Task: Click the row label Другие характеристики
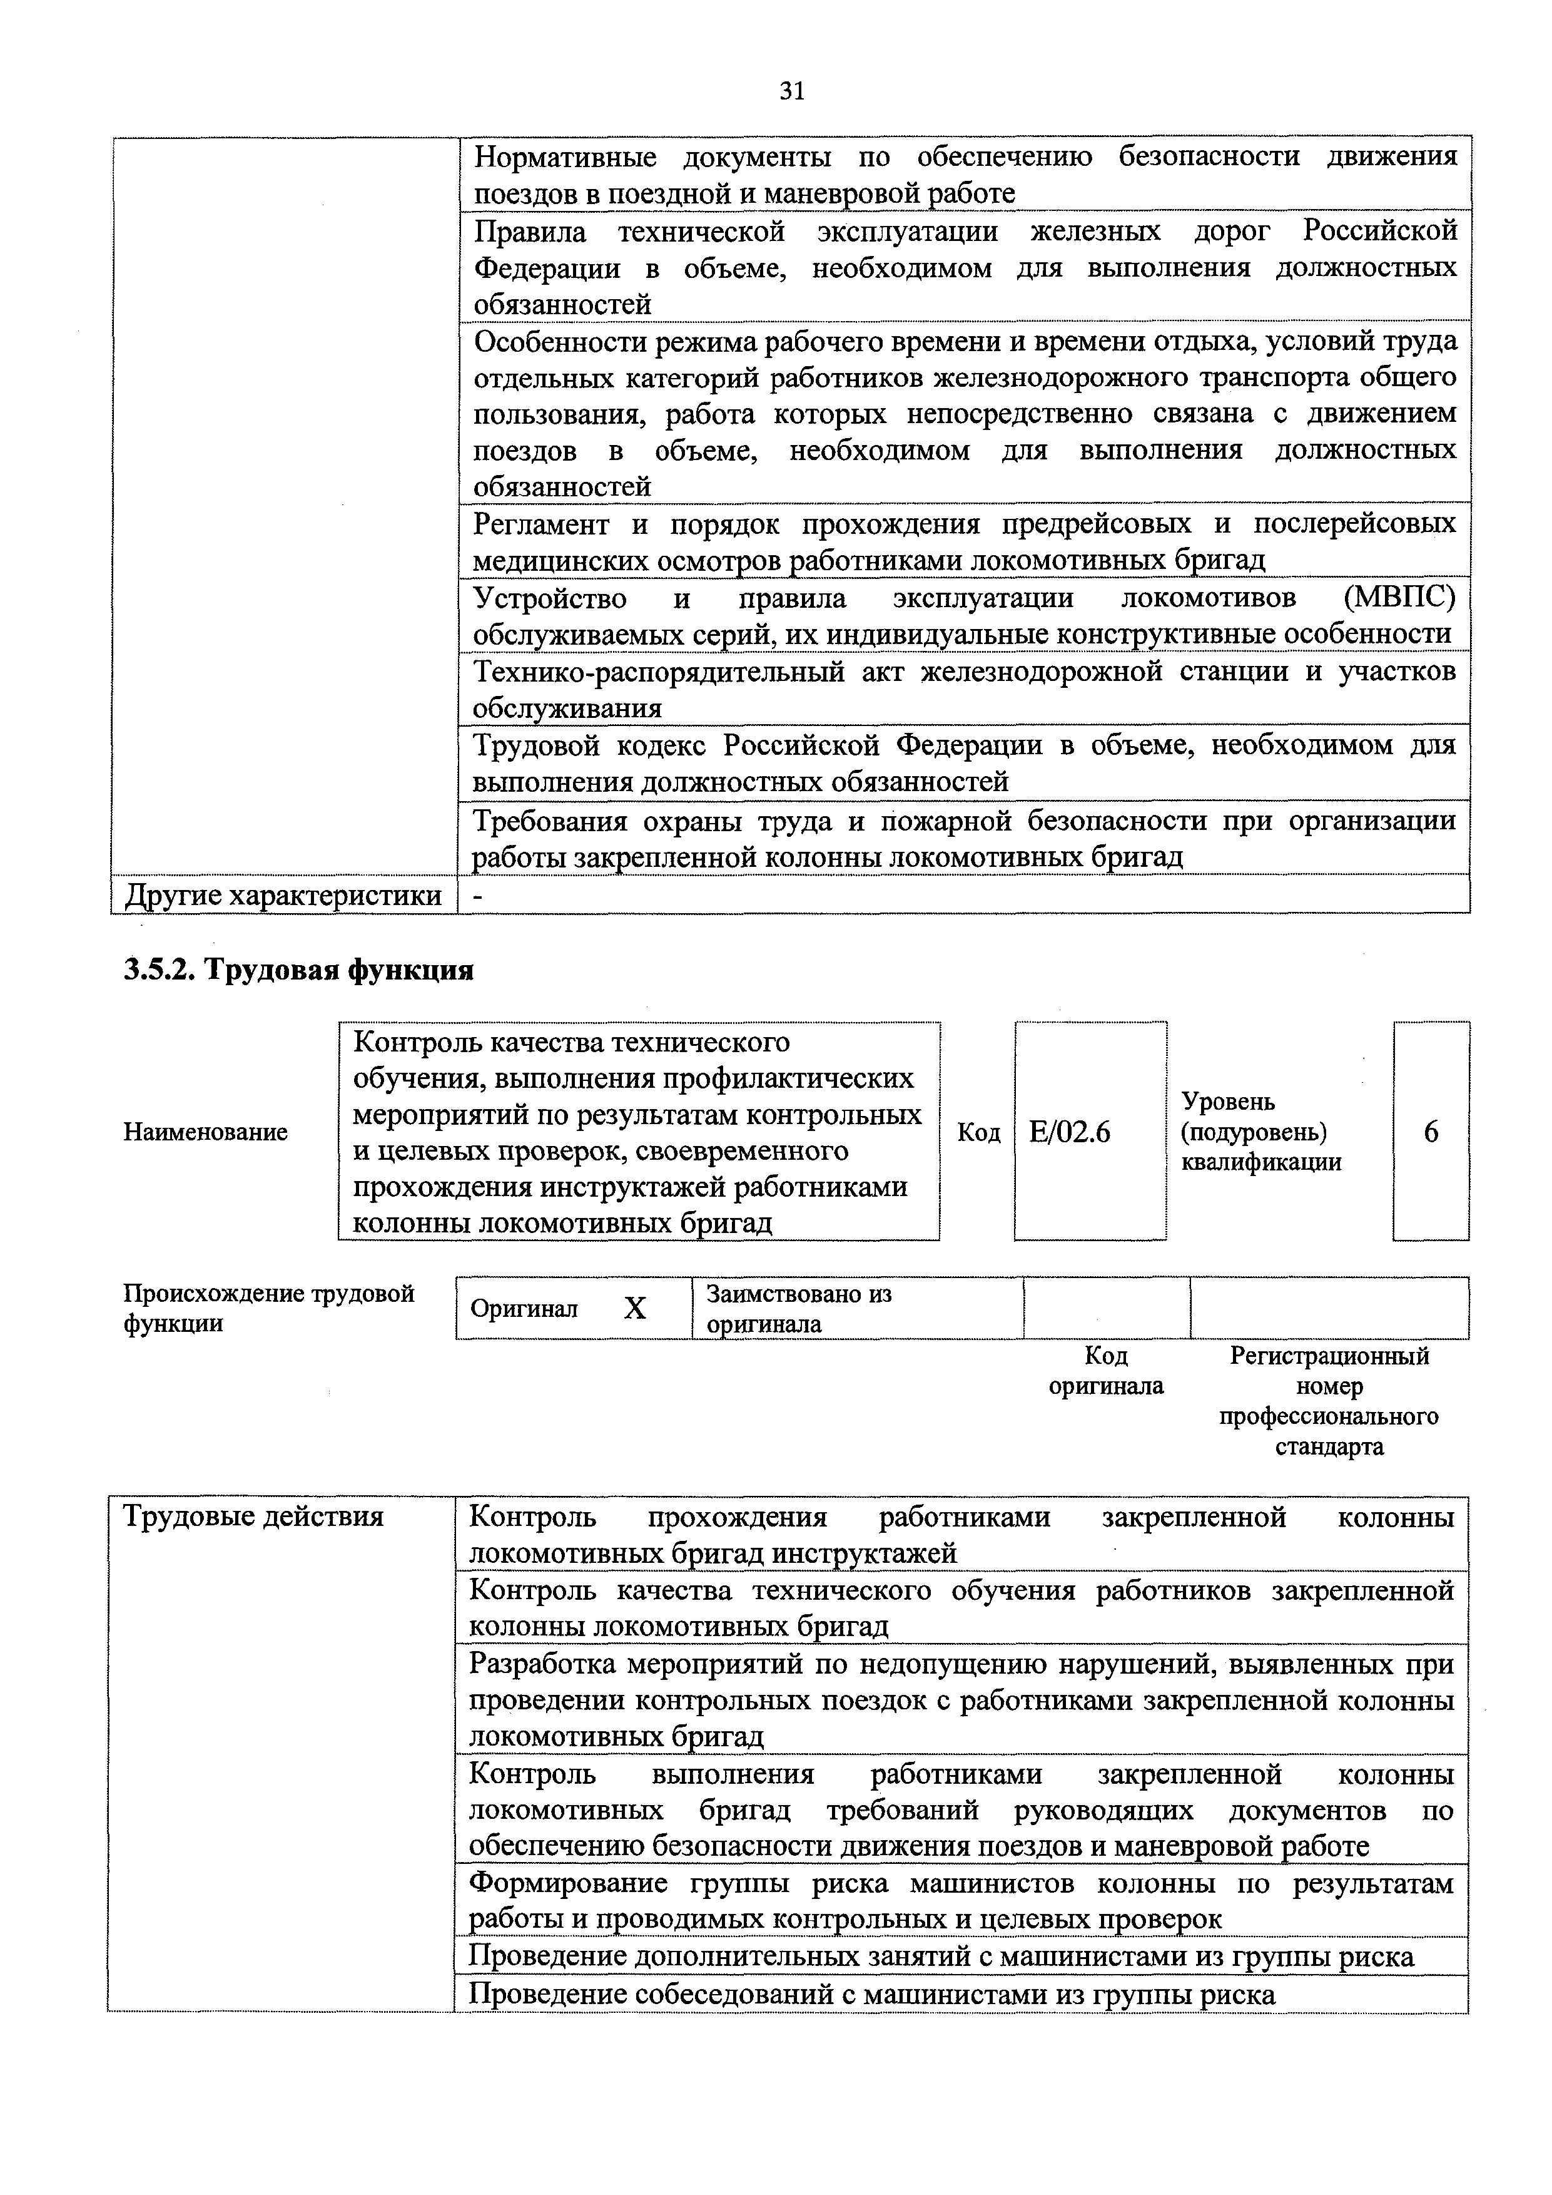284,896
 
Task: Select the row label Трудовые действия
254,1517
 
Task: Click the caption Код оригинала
1106,1371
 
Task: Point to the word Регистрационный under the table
1329,1356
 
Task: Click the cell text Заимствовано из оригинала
798,1309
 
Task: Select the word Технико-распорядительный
659,672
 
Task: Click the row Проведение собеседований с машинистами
871,1995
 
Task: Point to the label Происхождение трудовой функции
270,1309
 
